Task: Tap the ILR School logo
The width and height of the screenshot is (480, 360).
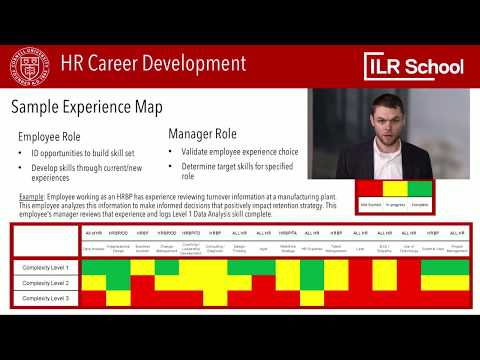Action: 413,66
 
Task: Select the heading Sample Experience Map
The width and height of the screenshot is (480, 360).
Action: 80,107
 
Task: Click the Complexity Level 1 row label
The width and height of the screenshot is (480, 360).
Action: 46,268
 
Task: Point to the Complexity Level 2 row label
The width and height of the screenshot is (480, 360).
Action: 46,283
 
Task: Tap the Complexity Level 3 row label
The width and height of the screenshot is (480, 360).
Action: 46,298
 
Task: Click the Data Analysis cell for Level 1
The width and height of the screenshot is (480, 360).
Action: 93,268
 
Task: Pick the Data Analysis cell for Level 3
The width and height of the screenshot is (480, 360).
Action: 93,298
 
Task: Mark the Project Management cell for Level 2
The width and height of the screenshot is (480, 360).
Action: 457,283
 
